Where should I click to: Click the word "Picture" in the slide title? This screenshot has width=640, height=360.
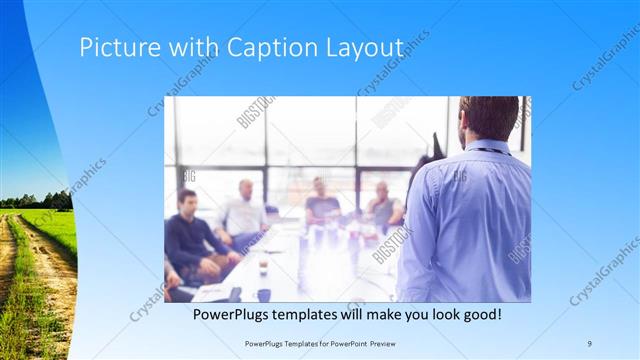coord(113,48)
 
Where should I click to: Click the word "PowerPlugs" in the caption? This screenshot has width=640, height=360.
coord(233,314)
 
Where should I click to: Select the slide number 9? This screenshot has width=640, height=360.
coord(590,343)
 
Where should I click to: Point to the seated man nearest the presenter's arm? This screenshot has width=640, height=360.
coord(384,205)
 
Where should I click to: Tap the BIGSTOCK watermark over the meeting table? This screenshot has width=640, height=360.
coord(392,245)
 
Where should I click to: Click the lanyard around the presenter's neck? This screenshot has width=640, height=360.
coord(492,152)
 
